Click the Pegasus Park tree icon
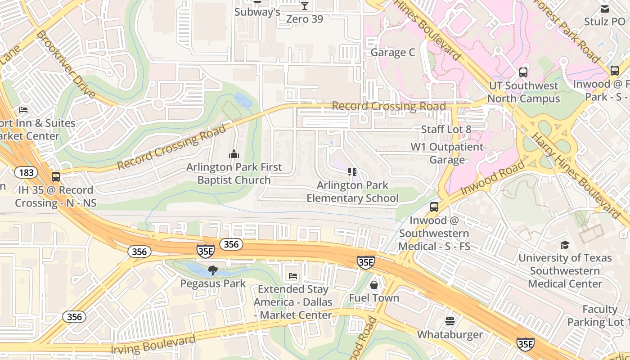pyautogui.click(x=213, y=270)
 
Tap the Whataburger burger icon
pyautogui.click(x=450, y=321)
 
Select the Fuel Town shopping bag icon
pyautogui.click(x=373, y=285)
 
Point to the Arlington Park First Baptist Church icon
pyautogui.click(x=234, y=154)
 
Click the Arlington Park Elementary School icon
pyautogui.click(x=352, y=172)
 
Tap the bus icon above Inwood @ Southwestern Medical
pyautogui.click(x=434, y=207)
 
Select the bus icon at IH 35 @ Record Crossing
pyautogui.click(x=56, y=177)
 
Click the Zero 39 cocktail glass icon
pyautogui.click(x=305, y=6)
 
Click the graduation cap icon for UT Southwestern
pyautogui.click(x=565, y=245)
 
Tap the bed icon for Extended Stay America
pyautogui.click(x=293, y=276)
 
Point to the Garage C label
pyautogui.click(x=392, y=53)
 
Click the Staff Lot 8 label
pyautogui.click(x=446, y=130)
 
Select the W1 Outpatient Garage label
pyautogui.click(x=447, y=153)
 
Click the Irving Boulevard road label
pyautogui.click(x=153, y=344)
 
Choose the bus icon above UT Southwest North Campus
pyautogui.click(x=523, y=72)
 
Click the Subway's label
pyautogui.click(x=257, y=12)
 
